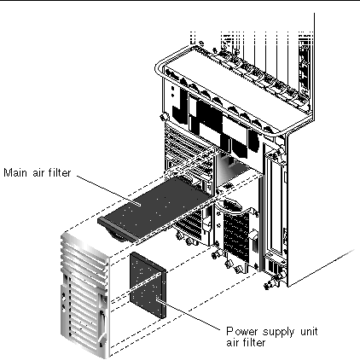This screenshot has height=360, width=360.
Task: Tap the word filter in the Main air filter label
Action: pos(60,172)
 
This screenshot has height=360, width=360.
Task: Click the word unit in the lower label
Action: pos(309,332)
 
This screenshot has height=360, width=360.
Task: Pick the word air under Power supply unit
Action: pos(233,342)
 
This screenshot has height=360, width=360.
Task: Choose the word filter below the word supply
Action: pos(254,342)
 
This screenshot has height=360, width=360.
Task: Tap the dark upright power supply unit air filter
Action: pos(148,285)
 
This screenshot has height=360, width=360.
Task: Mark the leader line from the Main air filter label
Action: pos(108,189)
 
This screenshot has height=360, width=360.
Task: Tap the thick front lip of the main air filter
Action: pos(118,229)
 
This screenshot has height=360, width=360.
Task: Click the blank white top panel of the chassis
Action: pos(236,85)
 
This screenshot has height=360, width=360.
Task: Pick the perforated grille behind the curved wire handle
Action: pos(236,233)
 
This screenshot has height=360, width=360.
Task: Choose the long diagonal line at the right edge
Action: pos(322,268)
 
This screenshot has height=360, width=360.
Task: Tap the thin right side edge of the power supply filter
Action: pos(163,293)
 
